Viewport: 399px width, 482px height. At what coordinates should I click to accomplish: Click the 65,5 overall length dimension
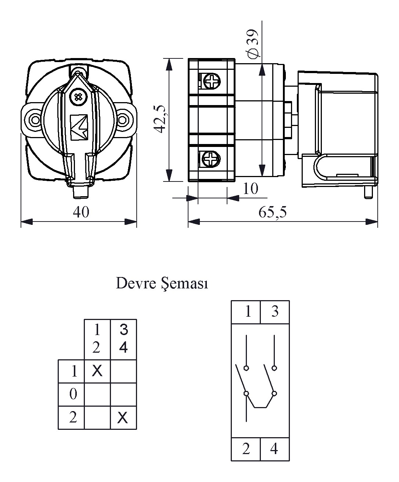pyautogui.click(x=272, y=212)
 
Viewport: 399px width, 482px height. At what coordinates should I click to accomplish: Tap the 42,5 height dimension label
pyautogui.click(x=160, y=119)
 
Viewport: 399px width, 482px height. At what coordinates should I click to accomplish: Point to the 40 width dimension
pyautogui.click(x=81, y=212)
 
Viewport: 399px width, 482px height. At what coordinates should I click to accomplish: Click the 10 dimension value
pyautogui.click(x=251, y=189)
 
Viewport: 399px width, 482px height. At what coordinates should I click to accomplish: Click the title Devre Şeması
pyautogui.click(x=162, y=284)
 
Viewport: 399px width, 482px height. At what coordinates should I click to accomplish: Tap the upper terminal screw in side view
pyautogui.click(x=211, y=81)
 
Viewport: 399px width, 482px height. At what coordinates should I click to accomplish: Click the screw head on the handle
pyautogui.click(x=78, y=97)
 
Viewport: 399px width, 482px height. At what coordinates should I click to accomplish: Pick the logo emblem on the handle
pyautogui.click(x=79, y=127)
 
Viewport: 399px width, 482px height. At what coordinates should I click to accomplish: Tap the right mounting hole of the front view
pyautogui.click(x=123, y=119)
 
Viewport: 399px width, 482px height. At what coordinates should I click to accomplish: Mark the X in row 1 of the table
pyautogui.click(x=97, y=371)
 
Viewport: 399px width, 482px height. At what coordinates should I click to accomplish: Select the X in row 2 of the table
pyautogui.click(x=123, y=417)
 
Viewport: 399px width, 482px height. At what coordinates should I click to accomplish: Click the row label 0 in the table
pyautogui.click(x=73, y=395)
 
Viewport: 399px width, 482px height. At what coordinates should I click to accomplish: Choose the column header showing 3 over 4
pyautogui.click(x=123, y=339)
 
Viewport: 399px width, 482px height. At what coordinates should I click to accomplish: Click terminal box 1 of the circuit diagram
pyautogui.click(x=248, y=312)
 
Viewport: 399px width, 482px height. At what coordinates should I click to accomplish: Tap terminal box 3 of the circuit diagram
pyautogui.click(x=274, y=312)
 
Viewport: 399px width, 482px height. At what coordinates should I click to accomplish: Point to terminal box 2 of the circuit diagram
pyautogui.click(x=246, y=449)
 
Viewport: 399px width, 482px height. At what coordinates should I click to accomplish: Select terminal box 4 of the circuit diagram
pyautogui.click(x=274, y=449)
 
